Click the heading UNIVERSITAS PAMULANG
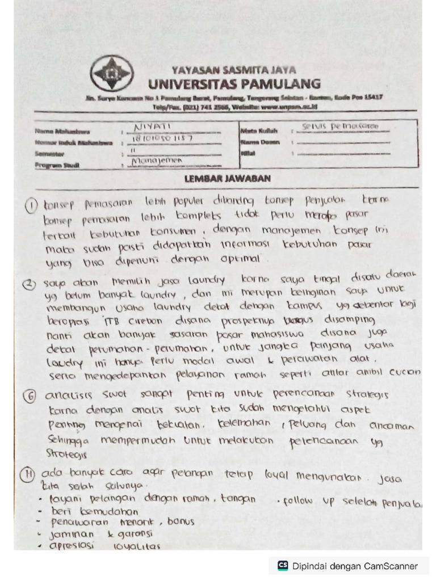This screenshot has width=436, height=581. [233, 84]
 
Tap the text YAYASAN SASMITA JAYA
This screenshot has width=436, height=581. [233, 70]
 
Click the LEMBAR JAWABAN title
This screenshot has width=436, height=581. [227, 179]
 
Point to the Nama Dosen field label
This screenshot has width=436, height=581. [259, 142]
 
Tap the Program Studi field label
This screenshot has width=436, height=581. [57, 166]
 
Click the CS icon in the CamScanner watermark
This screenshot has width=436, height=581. [282, 566]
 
